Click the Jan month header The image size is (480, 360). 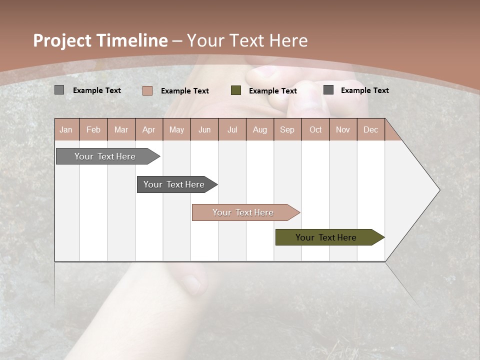pos(66,129)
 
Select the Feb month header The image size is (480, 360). pos(93,129)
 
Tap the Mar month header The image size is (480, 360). pos(121,129)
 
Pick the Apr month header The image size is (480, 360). pos(149,129)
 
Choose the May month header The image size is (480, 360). pos(176,129)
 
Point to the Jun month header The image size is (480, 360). pos(204,129)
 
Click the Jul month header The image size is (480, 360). pos(232,129)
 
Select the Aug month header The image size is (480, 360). pos(260,129)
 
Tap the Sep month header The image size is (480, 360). pos(287,129)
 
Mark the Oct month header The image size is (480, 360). pos(315,129)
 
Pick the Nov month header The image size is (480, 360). pos(343,129)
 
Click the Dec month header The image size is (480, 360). pos(371,129)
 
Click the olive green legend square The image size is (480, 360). pos(236,90)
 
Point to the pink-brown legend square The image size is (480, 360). pos(147,90)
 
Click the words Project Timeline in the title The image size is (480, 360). pos(100,40)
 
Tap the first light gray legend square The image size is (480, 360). pos(59,90)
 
